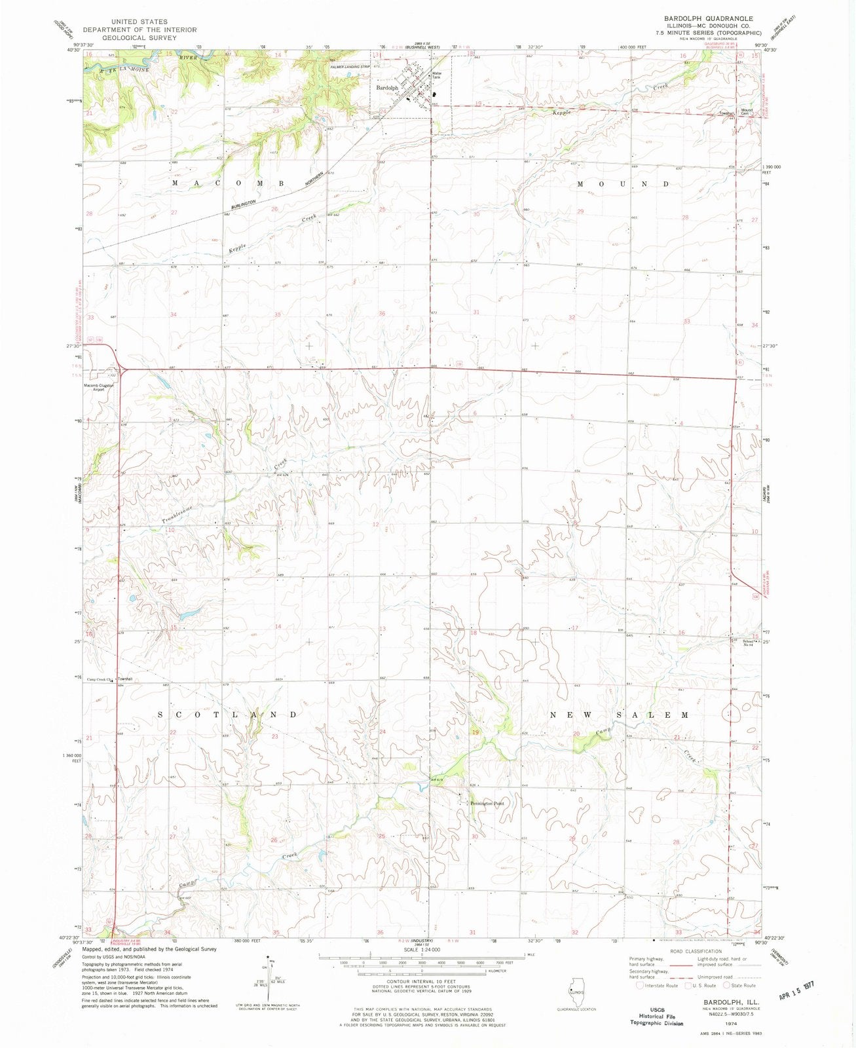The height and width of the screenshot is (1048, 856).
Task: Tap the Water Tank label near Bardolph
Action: click(x=436, y=76)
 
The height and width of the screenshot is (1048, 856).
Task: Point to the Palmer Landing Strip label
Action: click(x=350, y=67)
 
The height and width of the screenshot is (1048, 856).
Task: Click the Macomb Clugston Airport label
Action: click(x=98, y=387)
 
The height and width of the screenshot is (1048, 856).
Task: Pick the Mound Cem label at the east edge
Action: click(x=746, y=112)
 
